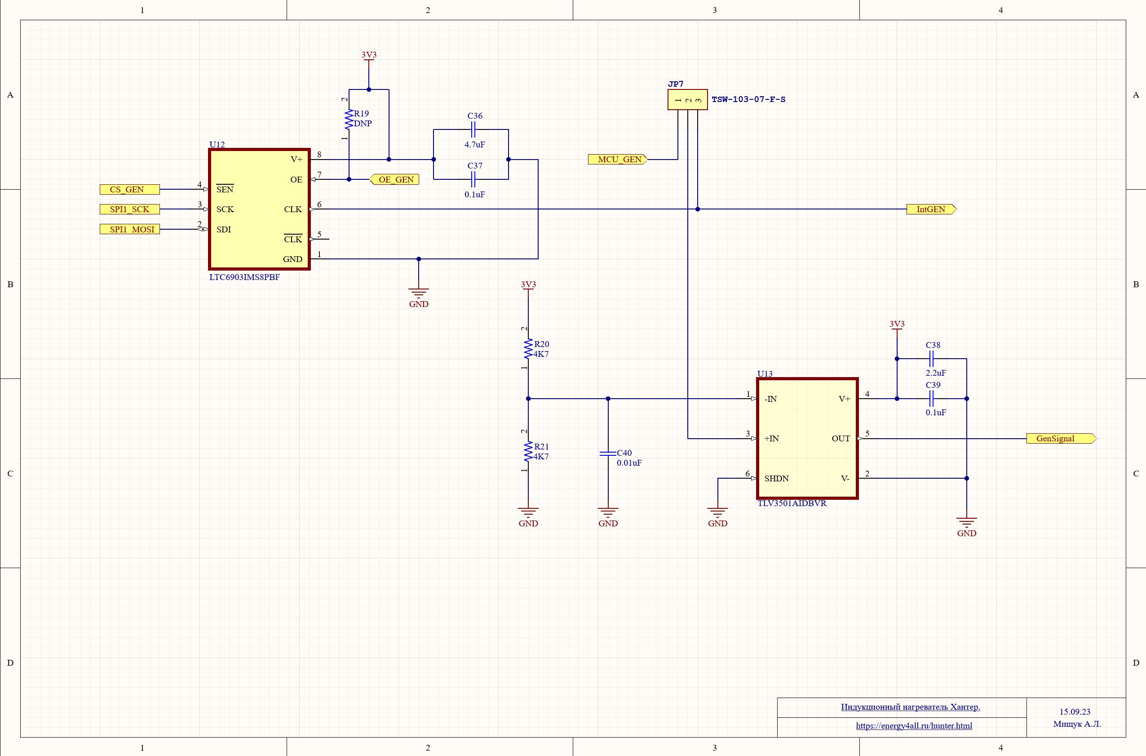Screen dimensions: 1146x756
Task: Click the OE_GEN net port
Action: [x=394, y=179]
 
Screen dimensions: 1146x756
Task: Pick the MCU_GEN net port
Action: [x=617, y=160]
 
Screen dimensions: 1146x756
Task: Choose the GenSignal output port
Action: [x=1061, y=439]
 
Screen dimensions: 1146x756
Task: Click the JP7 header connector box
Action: [x=688, y=100]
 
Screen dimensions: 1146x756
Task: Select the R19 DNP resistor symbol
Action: [x=349, y=120]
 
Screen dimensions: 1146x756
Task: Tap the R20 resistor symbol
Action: [x=528, y=349]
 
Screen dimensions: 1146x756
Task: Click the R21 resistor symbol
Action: [x=528, y=452]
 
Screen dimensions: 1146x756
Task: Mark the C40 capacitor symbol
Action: [x=608, y=454]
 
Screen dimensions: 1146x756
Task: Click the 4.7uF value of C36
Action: [x=475, y=145]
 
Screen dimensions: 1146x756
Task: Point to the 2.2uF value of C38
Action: [x=936, y=373]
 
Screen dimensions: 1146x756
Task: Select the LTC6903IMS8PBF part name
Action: [x=244, y=278]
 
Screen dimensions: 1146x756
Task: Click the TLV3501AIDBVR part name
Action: [x=792, y=503]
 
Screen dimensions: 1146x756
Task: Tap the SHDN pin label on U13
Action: [x=776, y=479]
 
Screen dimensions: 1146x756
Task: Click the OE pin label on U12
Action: [x=296, y=180]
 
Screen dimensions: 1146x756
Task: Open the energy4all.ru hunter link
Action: [x=914, y=725]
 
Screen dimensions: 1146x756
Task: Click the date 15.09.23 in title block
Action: [x=1075, y=712]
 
